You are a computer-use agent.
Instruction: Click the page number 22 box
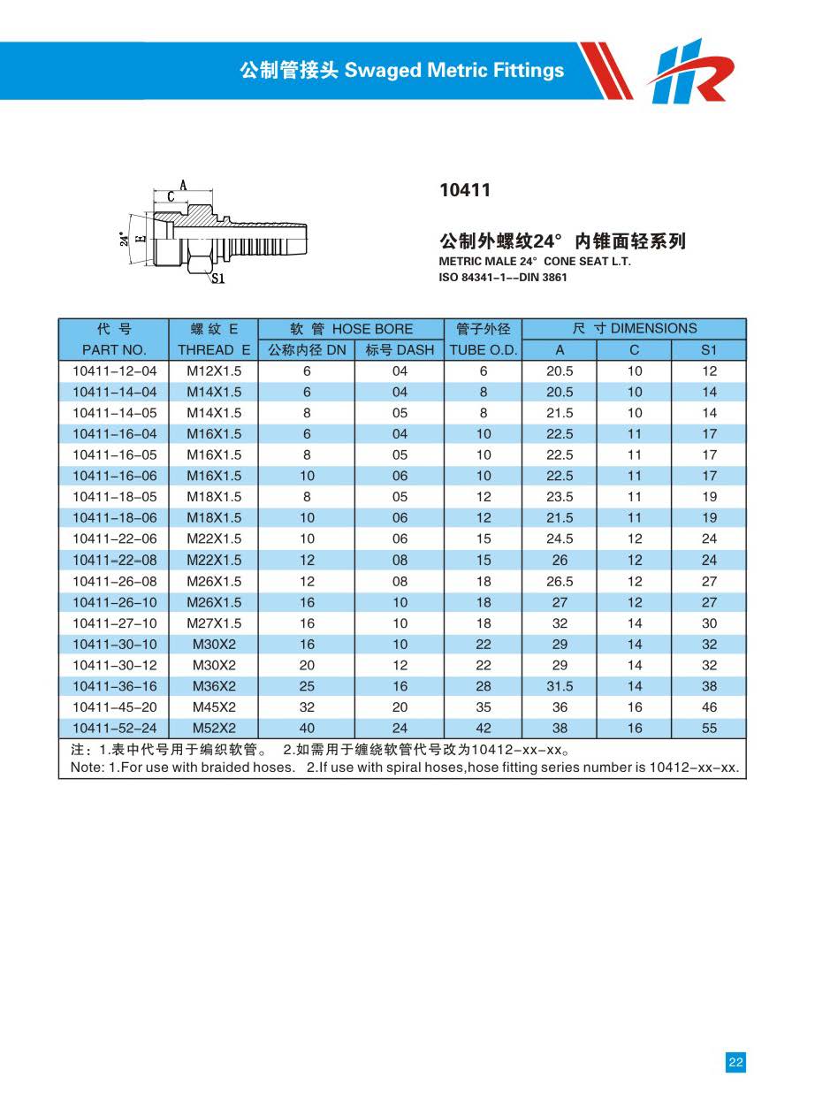click(x=735, y=1063)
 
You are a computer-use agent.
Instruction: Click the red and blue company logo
click(x=690, y=70)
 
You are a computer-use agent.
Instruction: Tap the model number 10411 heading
click(x=464, y=190)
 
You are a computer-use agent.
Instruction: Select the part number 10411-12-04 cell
click(x=114, y=370)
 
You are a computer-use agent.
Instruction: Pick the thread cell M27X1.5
click(x=214, y=623)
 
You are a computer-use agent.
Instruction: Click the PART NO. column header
click(x=114, y=350)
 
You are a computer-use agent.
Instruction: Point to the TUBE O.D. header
click(x=484, y=350)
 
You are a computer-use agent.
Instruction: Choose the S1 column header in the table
click(x=709, y=350)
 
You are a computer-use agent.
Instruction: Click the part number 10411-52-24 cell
click(x=114, y=729)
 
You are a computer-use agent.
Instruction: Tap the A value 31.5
click(x=560, y=686)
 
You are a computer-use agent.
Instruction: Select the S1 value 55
click(x=709, y=729)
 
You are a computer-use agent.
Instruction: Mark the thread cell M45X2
click(x=214, y=707)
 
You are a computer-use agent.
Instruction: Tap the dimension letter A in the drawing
click(x=183, y=185)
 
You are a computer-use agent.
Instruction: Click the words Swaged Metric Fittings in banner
click(x=453, y=71)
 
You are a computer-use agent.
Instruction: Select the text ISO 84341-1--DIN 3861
click(x=503, y=278)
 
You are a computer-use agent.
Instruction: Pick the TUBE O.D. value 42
click(x=484, y=729)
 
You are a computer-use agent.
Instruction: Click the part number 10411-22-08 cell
click(x=114, y=560)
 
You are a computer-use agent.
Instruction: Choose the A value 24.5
click(x=560, y=538)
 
